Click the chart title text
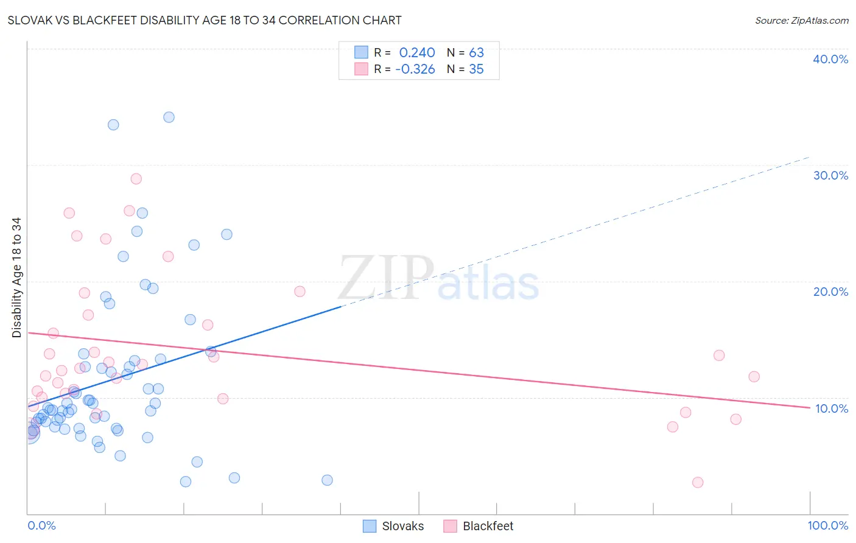click(205, 20)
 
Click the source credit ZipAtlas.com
click(801, 20)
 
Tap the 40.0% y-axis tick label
click(830, 59)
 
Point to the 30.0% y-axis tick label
click(830, 175)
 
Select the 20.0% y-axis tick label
click(830, 292)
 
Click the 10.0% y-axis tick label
click(831, 408)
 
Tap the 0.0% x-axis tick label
click(41, 525)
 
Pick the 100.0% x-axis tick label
click(827, 525)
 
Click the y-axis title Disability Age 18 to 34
click(16, 278)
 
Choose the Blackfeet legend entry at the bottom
click(488, 526)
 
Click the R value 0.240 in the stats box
click(417, 53)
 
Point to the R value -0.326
click(415, 69)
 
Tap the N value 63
click(476, 53)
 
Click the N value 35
click(476, 69)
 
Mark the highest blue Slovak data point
click(169, 117)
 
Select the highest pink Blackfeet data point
click(136, 179)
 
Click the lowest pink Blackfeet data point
click(698, 482)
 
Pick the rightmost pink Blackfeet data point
click(754, 377)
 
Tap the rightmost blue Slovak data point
click(327, 480)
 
